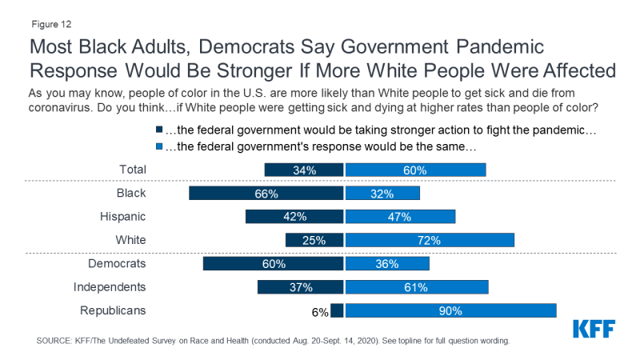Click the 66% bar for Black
coord(266,194)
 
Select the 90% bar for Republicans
coord(450,310)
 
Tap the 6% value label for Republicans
coord(320,310)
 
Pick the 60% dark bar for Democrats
coord(274,264)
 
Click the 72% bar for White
coord(430,240)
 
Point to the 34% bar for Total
coord(304,170)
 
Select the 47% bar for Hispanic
coord(400,217)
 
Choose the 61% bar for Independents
coord(417,287)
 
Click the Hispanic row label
coord(122,217)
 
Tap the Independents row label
coord(109,287)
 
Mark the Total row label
coord(131,170)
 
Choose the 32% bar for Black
coord(382,194)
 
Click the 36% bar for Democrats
coord(387,264)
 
